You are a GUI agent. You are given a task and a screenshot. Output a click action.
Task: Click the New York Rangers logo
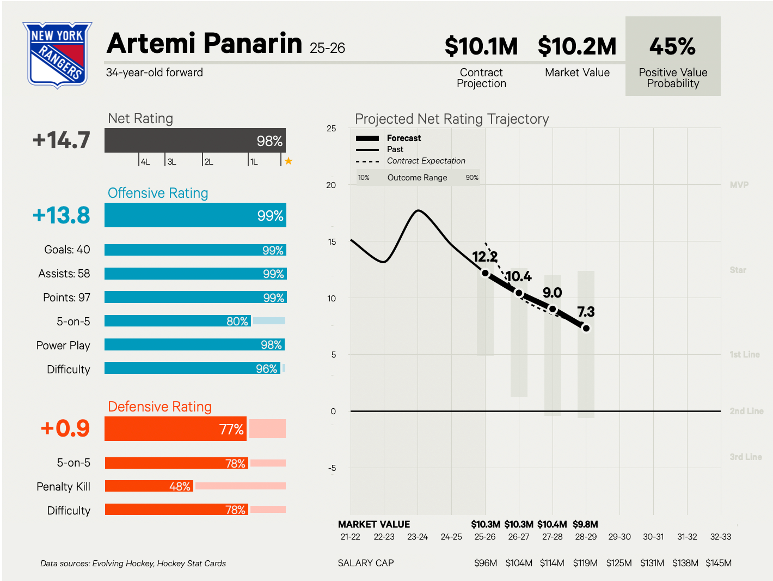pos(57,55)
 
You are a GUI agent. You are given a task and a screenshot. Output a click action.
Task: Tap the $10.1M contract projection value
pos(481,46)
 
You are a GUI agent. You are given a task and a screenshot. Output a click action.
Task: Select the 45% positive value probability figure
pos(672,47)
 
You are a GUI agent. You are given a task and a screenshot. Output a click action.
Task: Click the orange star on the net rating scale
pos(289,161)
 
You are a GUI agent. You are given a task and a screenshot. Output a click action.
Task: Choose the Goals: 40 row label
pos(67,250)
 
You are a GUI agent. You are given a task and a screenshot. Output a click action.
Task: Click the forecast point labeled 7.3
pos(586,328)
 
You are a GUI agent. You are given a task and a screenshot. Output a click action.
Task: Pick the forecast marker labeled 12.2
pos(485,273)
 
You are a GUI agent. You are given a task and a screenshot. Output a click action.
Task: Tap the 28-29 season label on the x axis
pos(586,537)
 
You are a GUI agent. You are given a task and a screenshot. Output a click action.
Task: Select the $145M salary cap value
pos(718,563)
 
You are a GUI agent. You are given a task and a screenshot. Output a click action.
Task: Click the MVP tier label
pos(739,185)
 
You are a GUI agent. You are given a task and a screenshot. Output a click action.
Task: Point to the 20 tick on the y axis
pos(331,185)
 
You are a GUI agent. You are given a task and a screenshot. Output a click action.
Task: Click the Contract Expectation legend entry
pos(426,161)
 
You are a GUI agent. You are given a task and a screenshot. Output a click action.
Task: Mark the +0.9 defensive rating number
pos(65,428)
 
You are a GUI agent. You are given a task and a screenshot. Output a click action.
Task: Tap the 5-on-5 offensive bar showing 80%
pos(177,321)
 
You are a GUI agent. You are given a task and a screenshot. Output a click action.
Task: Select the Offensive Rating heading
pos(158,193)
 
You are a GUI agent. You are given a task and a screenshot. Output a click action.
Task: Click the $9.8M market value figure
pos(585,524)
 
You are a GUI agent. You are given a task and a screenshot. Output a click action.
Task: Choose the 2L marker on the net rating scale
pos(208,161)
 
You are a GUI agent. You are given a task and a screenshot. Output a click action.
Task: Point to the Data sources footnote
pos(133,564)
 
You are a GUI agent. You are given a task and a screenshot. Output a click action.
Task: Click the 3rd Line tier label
pos(745,457)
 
